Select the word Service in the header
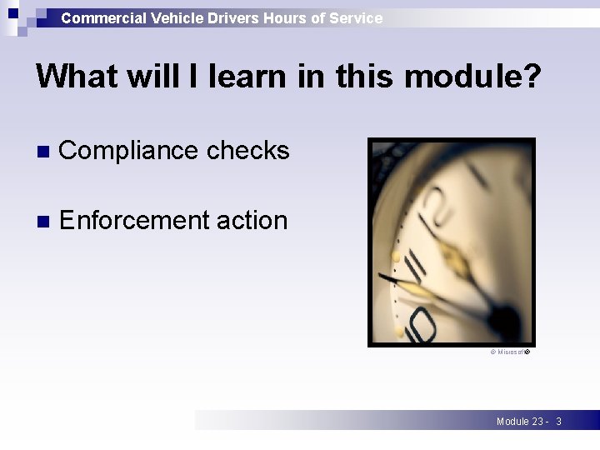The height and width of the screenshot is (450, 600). (x=356, y=17)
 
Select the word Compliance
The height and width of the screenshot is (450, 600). (x=128, y=151)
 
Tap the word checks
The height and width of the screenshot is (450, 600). (x=247, y=151)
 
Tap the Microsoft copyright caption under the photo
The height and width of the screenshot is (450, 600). (x=509, y=353)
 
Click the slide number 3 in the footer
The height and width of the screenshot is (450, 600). (x=558, y=422)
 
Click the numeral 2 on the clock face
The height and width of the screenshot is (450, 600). (x=433, y=201)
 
